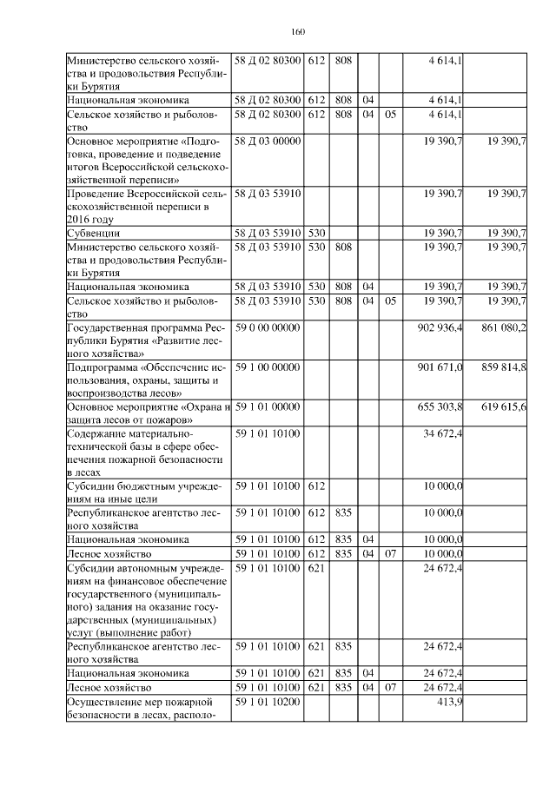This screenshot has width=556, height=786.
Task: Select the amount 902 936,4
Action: [x=440, y=328]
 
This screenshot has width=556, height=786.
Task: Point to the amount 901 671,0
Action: [x=440, y=368]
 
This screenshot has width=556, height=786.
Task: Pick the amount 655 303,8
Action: [x=440, y=407]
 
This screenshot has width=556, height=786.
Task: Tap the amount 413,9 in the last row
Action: [x=449, y=702]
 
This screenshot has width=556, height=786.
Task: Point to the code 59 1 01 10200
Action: [x=267, y=702]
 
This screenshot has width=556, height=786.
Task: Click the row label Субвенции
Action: [x=93, y=233]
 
